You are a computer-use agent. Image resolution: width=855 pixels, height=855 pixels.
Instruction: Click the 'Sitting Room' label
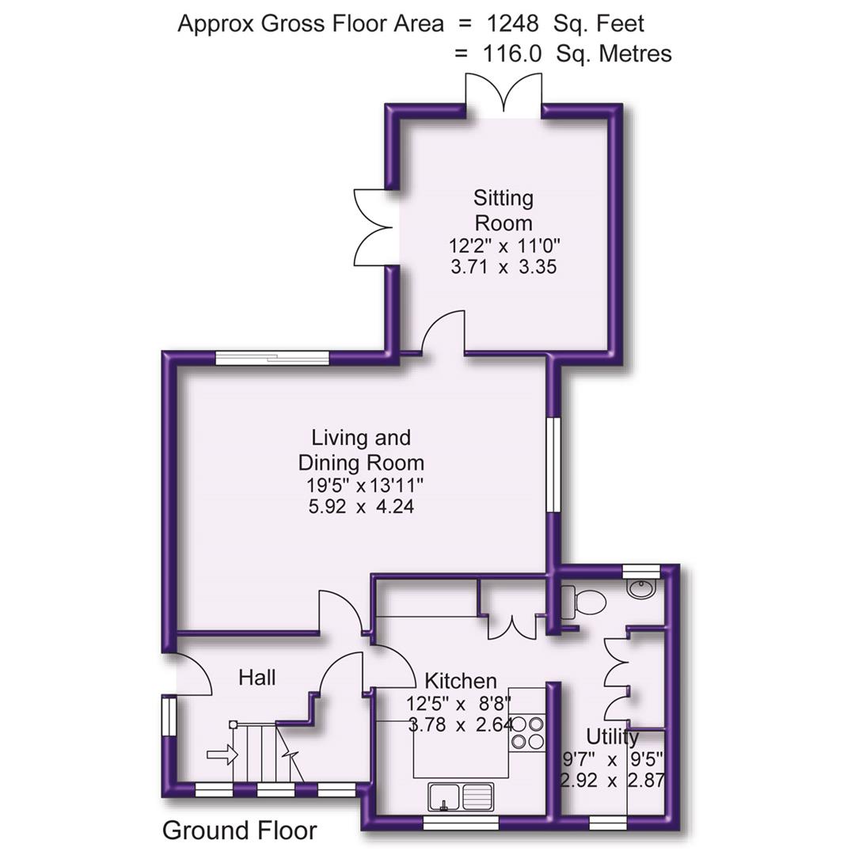click(503, 209)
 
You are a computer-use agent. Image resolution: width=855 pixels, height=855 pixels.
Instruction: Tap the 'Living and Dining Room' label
click(361, 450)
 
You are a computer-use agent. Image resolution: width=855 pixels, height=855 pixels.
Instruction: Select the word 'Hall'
click(257, 678)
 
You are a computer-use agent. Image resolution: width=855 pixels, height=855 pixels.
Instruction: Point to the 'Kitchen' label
click(461, 681)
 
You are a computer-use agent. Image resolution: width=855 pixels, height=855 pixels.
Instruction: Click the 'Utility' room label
click(613, 737)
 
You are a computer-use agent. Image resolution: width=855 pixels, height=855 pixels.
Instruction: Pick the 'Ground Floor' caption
click(239, 830)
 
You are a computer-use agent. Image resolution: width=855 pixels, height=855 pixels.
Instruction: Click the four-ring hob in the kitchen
click(528, 732)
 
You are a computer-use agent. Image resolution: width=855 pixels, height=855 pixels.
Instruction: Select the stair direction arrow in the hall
click(222, 755)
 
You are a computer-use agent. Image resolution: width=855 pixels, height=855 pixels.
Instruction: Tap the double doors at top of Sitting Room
click(503, 97)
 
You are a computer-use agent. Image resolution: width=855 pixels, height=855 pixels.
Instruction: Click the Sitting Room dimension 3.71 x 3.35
click(503, 267)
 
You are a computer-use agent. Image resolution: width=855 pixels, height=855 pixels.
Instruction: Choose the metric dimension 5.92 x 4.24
click(361, 505)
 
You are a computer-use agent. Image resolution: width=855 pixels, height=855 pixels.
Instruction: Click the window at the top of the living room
click(272, 358)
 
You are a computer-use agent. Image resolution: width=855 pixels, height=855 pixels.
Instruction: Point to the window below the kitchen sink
click(461, 823)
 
